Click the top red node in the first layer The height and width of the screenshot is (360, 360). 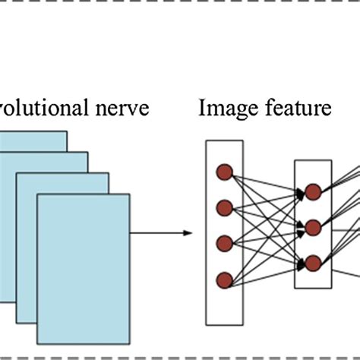(x=224, y=171)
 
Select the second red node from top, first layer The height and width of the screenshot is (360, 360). (x=224, y=207)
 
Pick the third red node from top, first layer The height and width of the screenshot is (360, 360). (x=224, y=244)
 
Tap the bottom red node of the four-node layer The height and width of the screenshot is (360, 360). (x=224, y=280)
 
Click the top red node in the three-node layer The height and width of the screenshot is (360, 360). (x=313, y=191)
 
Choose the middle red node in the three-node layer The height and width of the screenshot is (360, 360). (x=313, y=227)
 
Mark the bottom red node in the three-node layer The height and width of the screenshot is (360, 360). (x=313, y=263)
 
